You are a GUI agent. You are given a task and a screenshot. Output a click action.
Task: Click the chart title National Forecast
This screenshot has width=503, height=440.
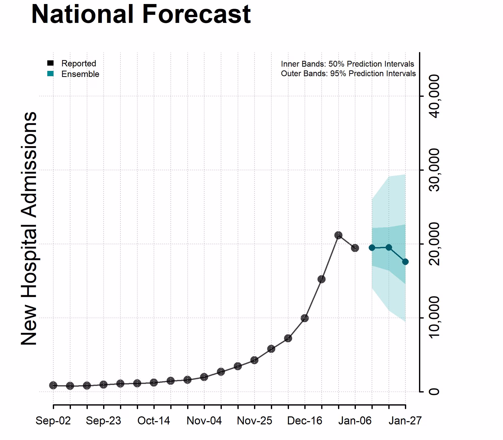[x=141, y=15]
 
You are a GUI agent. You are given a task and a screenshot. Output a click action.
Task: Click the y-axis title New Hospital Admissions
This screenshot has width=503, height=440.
[x=29, y=228]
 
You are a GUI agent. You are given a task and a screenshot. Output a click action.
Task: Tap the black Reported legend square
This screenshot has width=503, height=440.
[x=51, y=63]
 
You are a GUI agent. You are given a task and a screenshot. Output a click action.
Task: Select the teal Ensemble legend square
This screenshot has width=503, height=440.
[x=51, y=74]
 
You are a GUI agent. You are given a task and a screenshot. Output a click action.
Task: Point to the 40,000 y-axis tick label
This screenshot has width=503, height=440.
[x=435, y=96]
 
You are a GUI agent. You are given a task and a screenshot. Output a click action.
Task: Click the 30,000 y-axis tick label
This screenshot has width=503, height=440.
[x=435, y=170]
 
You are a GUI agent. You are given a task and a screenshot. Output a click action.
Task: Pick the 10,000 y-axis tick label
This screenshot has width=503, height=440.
[x=435, y=318]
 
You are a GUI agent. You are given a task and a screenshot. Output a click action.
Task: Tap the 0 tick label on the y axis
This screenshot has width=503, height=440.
[x=435, y=391]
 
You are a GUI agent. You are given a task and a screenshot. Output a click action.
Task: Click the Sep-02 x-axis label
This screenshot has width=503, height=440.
[x=53, y=421]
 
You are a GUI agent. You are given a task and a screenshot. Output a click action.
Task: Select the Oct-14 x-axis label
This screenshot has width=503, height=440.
[x=154, y=421]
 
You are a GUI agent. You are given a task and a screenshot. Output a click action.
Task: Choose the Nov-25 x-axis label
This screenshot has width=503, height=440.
[x=254, y=421]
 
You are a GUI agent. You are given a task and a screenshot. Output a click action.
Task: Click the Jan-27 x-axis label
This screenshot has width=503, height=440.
[x=405, y=421]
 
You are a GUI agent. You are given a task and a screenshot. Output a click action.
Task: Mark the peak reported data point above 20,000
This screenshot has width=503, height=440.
[x=338, y=235]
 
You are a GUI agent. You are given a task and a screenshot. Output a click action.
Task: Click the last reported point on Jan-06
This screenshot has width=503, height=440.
[x=355, y=248]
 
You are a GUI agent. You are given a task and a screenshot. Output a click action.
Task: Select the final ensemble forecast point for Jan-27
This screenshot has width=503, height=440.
[x=405, y=262]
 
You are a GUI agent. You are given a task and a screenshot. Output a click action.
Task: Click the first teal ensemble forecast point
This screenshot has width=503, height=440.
[x=372, y=248]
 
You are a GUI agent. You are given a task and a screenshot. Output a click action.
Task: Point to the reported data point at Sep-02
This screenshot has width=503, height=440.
[x=53, y=385]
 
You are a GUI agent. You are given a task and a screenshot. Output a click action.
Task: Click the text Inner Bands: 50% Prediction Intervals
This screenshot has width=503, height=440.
[x=347, y=64]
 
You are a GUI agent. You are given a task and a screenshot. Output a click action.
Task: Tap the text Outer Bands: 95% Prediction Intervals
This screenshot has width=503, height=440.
[x=348, y=73]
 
